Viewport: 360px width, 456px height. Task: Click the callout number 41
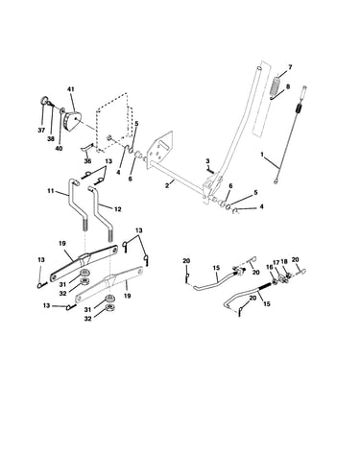[71, 89]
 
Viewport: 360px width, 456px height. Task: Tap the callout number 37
[41, 131]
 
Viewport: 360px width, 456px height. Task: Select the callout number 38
[52, 139]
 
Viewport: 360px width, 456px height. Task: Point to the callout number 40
[60, 148]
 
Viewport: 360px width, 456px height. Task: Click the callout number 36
[87, 161]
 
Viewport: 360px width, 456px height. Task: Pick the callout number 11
[51, 191]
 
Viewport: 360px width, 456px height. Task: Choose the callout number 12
[117, 209]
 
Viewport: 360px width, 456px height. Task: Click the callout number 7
[290, 67]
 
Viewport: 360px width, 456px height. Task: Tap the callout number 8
[287, 86]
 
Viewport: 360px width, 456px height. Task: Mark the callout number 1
[262, 155]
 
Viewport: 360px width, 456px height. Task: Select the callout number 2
[167, 185]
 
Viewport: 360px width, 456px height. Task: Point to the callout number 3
[207, 160]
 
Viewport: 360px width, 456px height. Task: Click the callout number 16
[269, 267]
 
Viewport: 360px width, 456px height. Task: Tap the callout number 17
[276, 262]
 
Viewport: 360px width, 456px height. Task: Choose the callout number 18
[284, 262]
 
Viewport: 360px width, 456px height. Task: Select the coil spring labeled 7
[276, 84]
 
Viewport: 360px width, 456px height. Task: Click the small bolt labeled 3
[210, 171]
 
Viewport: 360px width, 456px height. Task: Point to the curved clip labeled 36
[85, 148]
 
